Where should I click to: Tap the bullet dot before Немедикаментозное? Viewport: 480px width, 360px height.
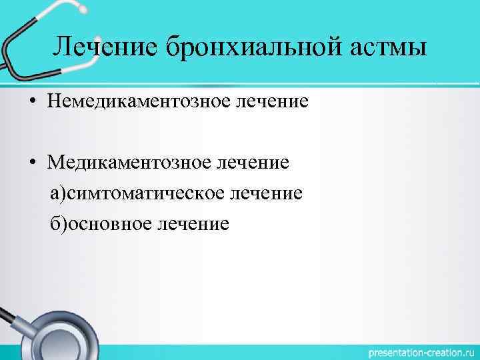pos(31,102)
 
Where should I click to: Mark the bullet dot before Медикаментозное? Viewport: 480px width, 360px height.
pos(31,163)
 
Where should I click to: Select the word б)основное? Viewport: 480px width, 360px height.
pos(100,223)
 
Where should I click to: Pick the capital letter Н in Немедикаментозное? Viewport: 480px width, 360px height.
pos(53,101)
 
